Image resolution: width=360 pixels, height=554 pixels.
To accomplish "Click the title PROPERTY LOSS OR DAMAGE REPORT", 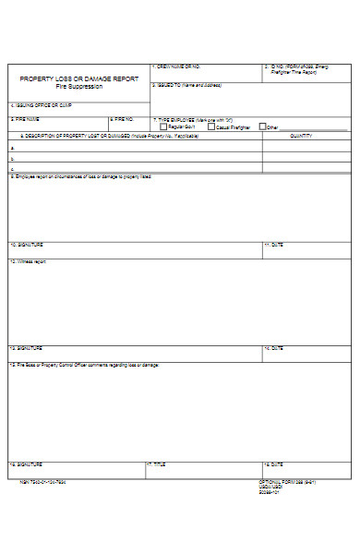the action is pos(79,78).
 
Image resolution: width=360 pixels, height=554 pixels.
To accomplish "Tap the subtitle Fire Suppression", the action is pos(79,86).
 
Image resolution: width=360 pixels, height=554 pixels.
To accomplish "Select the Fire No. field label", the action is pos(124,119).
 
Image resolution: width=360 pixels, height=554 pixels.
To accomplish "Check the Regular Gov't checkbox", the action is pos(163,126).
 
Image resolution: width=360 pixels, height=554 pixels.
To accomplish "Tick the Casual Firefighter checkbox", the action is pos(211,126).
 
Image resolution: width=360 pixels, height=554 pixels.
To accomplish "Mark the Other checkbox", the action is pos(263,126).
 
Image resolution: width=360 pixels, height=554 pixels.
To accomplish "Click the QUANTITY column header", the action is pos(301,135).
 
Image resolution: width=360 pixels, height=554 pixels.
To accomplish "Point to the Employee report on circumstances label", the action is pos(81,175).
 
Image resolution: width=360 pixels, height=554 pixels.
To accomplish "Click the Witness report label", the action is pos(29,261).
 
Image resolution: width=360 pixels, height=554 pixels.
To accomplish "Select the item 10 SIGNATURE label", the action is pos(27,246).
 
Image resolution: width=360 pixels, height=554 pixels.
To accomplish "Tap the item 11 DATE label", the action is pos(273,246).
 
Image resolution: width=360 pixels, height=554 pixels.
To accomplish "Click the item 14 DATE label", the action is pos(273,348).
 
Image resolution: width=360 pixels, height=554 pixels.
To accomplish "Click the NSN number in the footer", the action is pos(42,482).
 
